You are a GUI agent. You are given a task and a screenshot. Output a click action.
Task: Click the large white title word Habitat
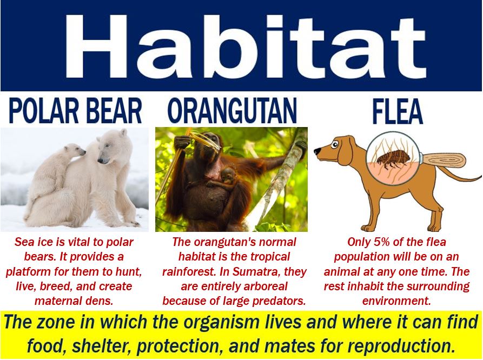click(246, 45)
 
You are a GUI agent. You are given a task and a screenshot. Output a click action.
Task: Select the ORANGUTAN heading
click(232, 111)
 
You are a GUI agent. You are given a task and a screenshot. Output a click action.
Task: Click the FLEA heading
click(398, 111)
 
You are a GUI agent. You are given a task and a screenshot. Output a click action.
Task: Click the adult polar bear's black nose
click(101, 160)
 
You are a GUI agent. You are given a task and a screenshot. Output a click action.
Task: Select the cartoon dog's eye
click(335, 144)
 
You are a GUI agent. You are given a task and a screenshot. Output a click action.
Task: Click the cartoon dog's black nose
click(317, 151)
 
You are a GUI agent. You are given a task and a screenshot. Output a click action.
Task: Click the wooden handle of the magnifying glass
click(445, 161)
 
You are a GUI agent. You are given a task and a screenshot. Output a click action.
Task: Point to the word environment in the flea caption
click(396, 301)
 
